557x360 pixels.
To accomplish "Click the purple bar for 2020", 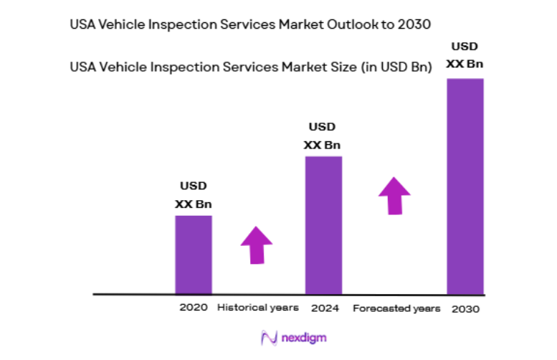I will click(x=194, y=255).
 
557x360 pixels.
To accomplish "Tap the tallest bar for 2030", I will click(x=465, y=186).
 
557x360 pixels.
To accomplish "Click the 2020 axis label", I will click(x=194, y=307).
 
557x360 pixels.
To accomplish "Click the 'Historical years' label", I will click(x=257, y=307).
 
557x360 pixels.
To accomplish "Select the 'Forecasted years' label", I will click(x=396, y=308).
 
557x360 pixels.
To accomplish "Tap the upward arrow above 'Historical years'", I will click(x=256, y=245).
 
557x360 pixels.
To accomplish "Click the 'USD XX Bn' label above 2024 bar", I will click(x=323, y=136).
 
